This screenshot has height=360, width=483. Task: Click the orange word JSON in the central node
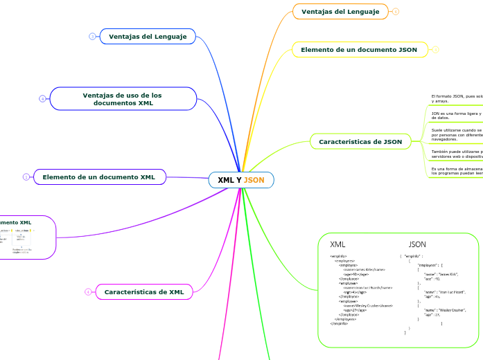click(254, 180)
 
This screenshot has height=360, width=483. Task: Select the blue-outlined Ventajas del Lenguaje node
click(148, 36)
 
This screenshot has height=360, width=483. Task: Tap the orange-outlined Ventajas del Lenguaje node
click(340, 11)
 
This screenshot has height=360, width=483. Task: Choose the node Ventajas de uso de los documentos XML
click(123, 99)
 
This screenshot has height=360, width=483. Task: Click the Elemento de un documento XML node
click(99, 177)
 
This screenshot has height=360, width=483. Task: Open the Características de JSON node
click(360, 142)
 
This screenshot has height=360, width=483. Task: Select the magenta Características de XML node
click(143, 292)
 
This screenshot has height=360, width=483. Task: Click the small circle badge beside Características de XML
click(88, 292)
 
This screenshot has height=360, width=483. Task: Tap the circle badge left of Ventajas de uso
click(42, 99)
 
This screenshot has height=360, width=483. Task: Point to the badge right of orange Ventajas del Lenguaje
click(396, 11)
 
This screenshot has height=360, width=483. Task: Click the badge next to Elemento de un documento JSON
click(435, 50)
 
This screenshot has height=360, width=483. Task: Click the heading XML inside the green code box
click(337, 244)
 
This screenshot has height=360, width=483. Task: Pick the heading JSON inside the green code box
click(417, 244)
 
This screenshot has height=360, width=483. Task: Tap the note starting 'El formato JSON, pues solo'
click(457, 98)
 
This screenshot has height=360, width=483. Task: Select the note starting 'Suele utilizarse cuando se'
click(457, 134)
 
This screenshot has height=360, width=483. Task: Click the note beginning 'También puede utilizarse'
click(457, 152)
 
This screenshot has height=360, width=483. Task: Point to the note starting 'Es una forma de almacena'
click(457, 170)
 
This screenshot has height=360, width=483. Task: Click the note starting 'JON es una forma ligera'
click(456, 115)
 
